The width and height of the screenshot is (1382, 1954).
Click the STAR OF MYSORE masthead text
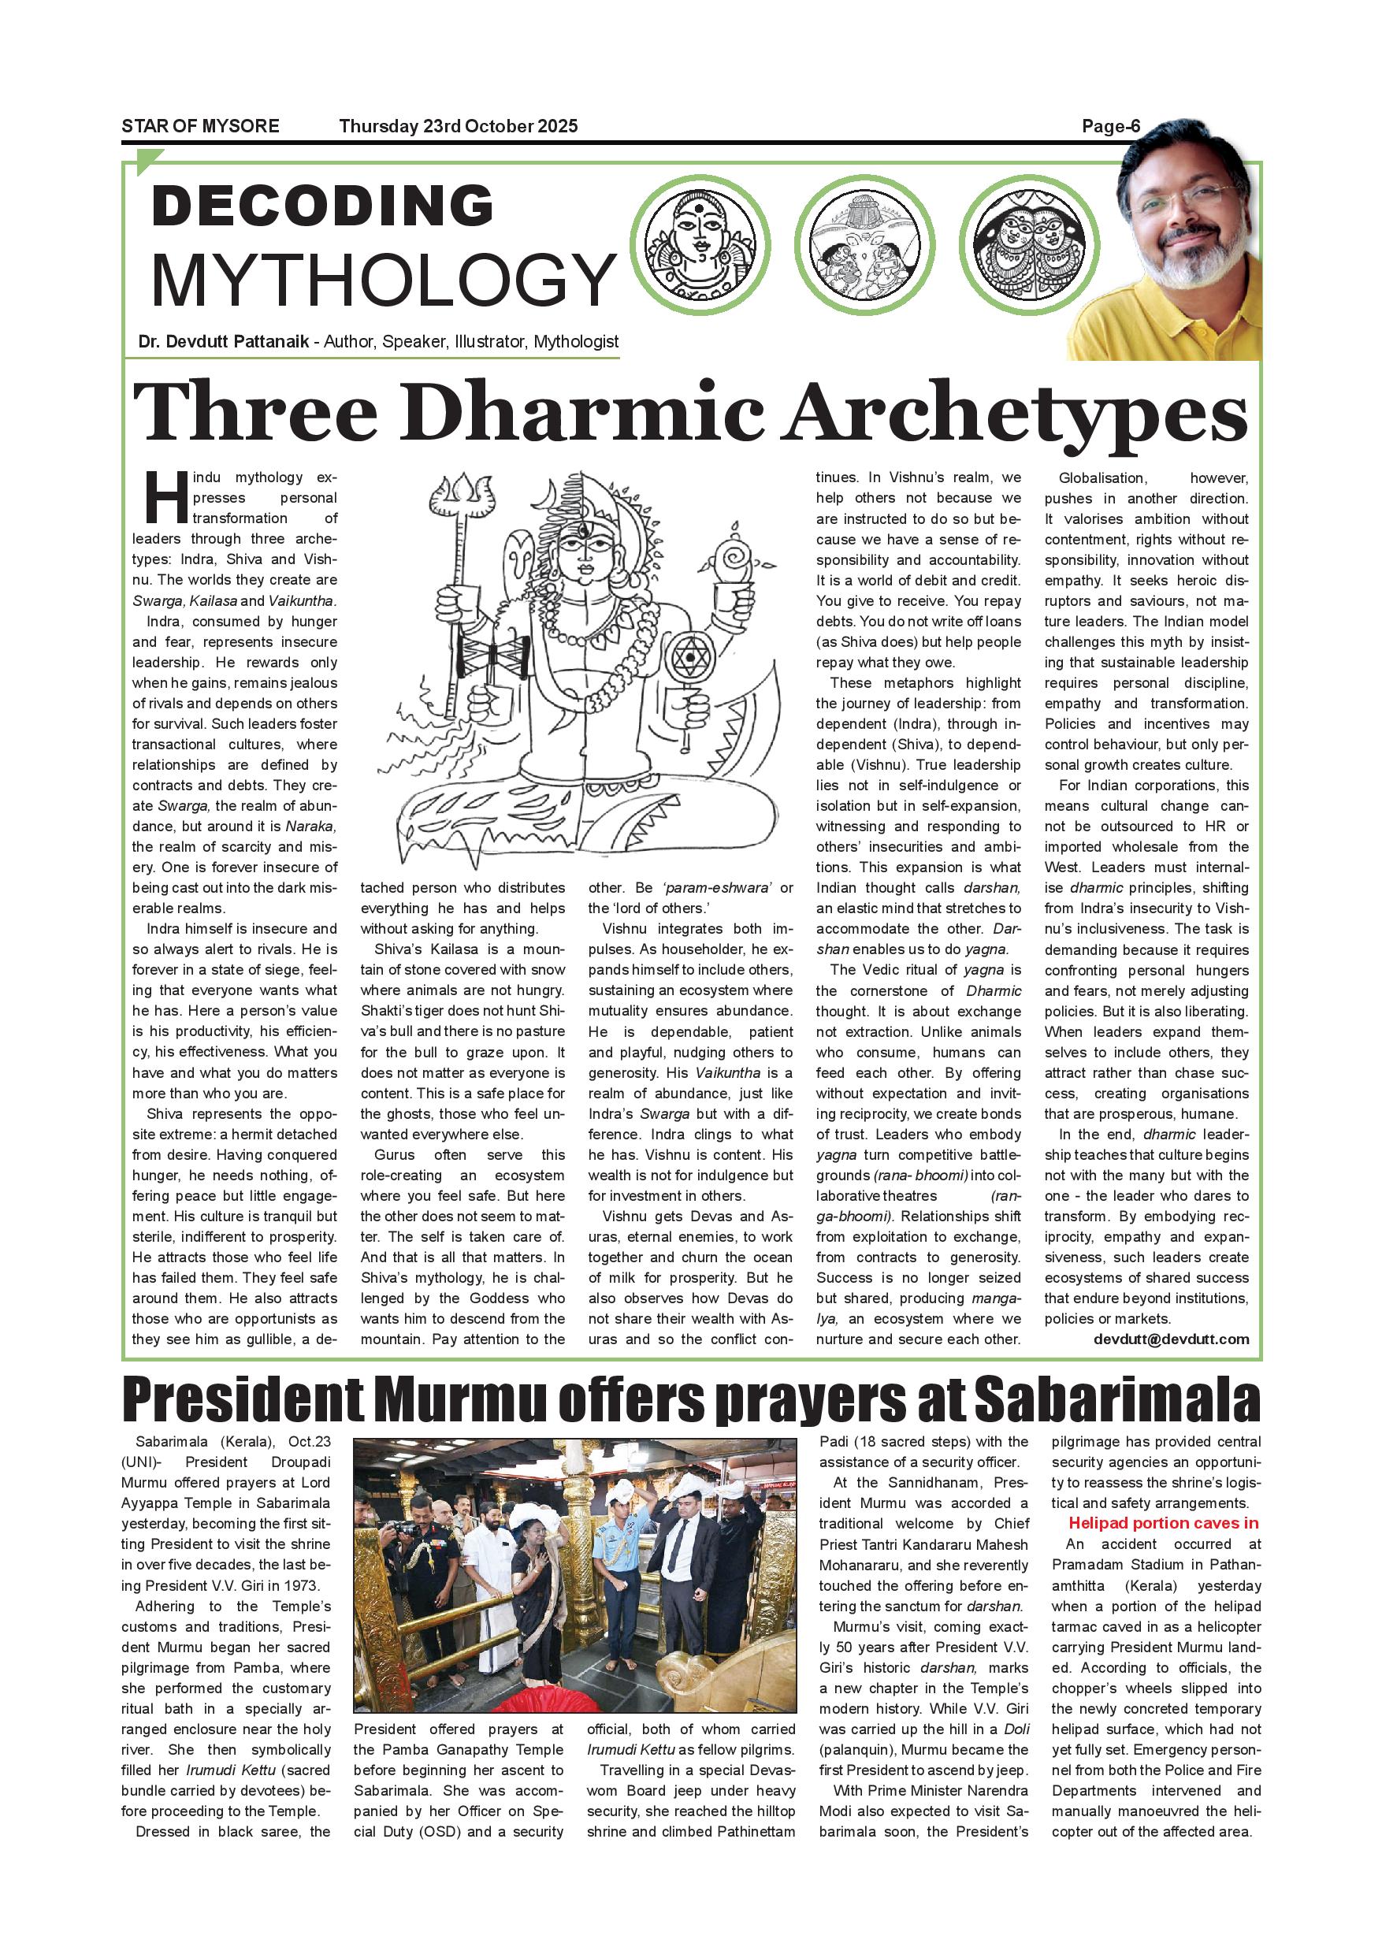(200, 126)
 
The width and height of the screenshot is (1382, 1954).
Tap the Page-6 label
(1110, 126)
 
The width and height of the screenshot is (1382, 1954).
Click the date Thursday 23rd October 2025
(458, 126)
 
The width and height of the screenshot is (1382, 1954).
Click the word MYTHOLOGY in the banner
(383, 279)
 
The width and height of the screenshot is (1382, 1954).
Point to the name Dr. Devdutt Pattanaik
(223, 342)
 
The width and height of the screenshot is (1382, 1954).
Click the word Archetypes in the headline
(1016, 414)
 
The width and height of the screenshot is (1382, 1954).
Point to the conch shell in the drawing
(733, 559)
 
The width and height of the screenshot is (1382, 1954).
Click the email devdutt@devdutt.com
(1171, 1339)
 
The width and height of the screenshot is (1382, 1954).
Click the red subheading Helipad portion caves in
(1163, 1523)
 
